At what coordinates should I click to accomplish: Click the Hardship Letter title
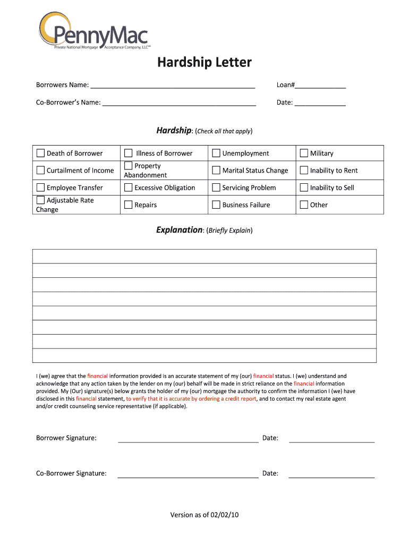click(204, 63)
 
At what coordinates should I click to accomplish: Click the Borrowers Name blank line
click(173, 86)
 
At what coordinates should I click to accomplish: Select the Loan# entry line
click(320, 86)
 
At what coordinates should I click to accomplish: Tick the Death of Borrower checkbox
click(41, 154)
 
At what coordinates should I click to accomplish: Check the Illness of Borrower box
click(128, 154)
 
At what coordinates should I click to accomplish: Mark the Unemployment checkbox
click(216, 154)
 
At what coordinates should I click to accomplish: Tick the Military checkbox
click(304, 154)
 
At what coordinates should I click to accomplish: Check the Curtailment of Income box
click(41, 171)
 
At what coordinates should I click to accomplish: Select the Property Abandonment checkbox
click(128, 166)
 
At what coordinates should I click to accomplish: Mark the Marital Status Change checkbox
click(216, 171)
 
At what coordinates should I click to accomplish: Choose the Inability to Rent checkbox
click(304, 171)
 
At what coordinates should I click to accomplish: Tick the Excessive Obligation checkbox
click(128, 188)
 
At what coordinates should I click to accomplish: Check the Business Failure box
click(216, 205)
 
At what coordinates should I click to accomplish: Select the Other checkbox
click(304, 205)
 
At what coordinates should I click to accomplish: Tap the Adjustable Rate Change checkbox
click(41, 200)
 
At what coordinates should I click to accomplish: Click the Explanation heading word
click(179, 230)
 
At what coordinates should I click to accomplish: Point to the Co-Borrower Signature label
click(71, 473)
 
